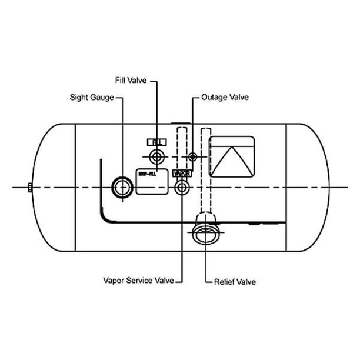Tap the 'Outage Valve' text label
pos(224,96)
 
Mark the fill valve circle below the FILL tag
pos(157,157)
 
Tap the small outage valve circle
pos(192,157)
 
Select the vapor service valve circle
pos(182,188)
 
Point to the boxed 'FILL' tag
pos(157,142)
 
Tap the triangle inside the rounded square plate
pos(232,162)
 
